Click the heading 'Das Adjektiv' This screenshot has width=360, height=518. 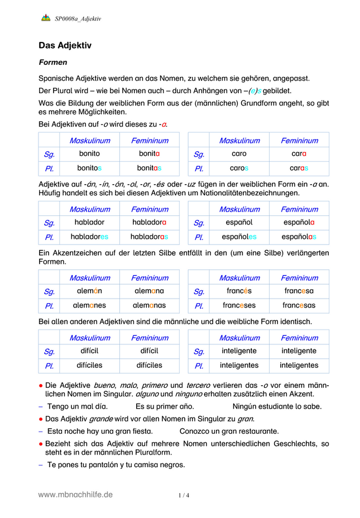click(65, 45)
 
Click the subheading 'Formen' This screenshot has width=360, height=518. click(53, 63)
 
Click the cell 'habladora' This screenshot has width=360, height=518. click(149, 222)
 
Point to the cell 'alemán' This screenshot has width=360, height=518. click(89, 291)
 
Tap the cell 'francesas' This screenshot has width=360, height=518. click(299, 305)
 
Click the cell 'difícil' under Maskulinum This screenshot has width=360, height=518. click(89, 351)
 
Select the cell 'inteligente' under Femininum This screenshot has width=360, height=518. click(299, 351)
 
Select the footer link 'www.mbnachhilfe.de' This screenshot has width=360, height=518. click(75, 495)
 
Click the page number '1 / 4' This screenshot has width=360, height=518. click(184, 495)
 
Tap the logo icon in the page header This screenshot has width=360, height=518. click(46, 18)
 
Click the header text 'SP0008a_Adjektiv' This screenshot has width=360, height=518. click(78, 18)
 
